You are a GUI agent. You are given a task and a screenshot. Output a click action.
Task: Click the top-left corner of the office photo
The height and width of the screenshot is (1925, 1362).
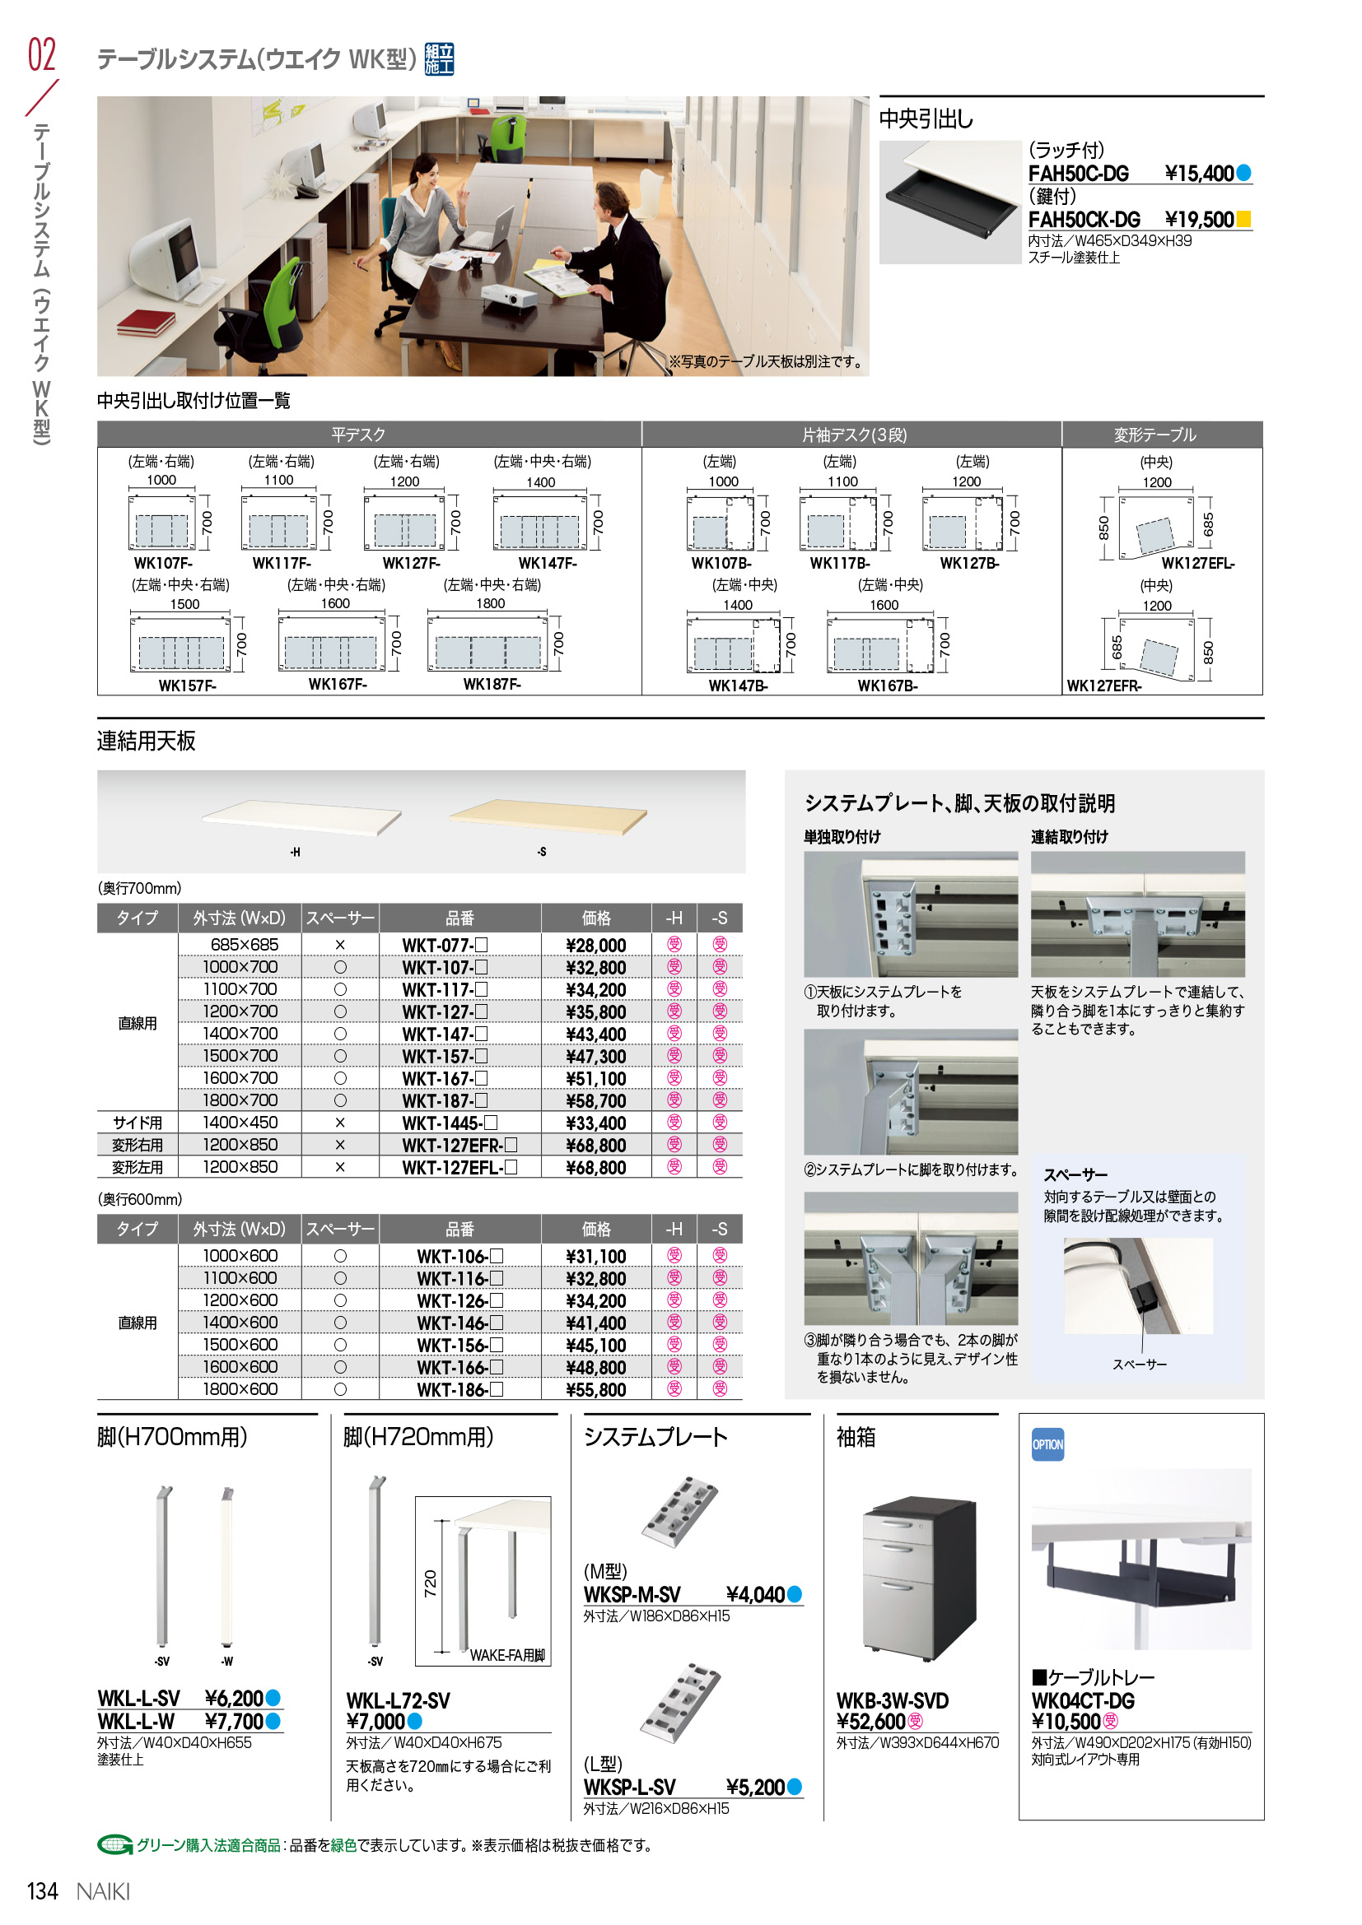tap(97, 96)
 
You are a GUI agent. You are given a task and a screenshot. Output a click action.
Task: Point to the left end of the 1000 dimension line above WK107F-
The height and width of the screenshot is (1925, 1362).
tap(128, 488)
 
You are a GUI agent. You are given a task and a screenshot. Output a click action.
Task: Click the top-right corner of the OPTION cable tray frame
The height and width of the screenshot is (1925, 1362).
tap(1264, 1414)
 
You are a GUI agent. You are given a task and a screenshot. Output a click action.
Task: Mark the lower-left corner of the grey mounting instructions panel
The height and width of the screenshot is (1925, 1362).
tap(785, 1398)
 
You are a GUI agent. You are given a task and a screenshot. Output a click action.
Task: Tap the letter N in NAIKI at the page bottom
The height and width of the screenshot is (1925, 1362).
tap(84, 1892)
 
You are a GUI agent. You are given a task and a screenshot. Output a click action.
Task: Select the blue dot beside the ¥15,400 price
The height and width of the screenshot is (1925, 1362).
tap(1243, 174)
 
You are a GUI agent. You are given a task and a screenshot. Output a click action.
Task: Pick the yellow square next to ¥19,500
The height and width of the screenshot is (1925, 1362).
tap(1243, 220)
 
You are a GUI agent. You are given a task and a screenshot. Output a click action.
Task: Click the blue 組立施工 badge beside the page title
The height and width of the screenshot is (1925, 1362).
tap(440, 58)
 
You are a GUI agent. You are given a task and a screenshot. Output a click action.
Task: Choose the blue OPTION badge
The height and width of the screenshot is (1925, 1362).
tap(1047, 1444)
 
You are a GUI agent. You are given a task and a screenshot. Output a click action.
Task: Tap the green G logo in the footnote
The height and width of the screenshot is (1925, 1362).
tap(115, 1845)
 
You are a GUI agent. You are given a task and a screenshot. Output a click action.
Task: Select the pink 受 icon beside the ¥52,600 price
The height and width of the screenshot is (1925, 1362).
tap(915, 1721)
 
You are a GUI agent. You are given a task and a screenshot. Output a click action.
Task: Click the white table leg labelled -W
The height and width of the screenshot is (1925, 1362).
tap(226, 1567)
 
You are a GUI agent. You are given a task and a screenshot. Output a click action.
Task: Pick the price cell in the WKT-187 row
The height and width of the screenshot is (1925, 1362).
tap(596, 1100)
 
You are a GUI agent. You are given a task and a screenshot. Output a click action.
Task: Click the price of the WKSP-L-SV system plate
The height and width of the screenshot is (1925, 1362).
tap(755, 1788)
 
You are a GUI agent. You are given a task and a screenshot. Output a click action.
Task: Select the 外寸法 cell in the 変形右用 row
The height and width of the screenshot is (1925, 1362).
tap(240, 1145)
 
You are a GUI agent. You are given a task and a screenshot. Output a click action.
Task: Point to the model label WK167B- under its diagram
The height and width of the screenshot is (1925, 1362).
tap(888, 686)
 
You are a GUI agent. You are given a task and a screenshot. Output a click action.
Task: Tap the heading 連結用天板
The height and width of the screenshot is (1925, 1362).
tap(146, 742)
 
